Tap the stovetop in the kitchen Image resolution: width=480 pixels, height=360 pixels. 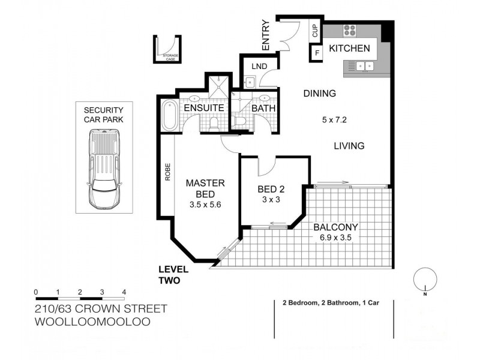click(349, 31)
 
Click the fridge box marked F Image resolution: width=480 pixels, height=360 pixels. click(316, 53)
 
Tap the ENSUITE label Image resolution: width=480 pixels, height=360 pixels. click(203, 108)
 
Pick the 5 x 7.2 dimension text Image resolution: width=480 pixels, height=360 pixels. click(335, 120)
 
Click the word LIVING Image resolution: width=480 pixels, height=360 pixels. click(349, 146)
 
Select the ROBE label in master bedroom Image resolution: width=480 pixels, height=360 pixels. click(168, 172)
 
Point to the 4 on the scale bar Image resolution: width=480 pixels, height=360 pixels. click(124, 292)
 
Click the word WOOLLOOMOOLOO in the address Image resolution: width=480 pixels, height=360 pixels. click(92, 321)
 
